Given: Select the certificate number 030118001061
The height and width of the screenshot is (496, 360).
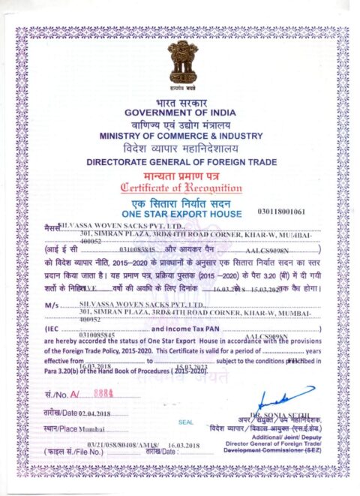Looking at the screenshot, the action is (x=302, y=212).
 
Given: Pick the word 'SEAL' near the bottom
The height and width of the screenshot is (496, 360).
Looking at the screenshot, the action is (x=186, y=422).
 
